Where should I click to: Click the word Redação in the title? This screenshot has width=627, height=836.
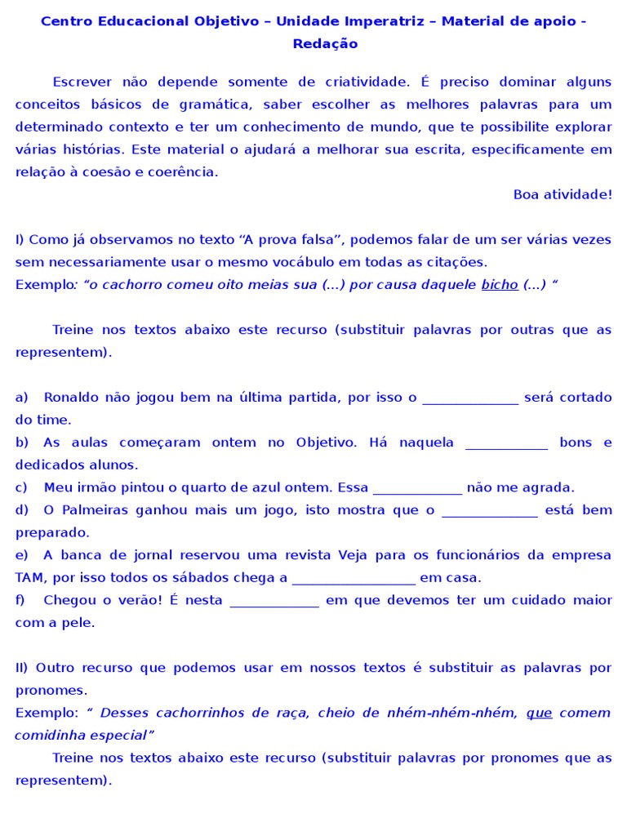click(x=325, y=44)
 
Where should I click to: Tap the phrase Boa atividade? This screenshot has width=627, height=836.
click(x=563, y=194)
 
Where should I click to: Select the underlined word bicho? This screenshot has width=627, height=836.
click(x=500, y=284)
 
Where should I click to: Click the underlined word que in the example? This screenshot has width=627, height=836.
click(x=539, y=713)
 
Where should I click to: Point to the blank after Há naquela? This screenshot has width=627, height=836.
click(x=506, y=443)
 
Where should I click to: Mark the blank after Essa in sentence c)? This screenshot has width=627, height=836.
click(x=417, y=488)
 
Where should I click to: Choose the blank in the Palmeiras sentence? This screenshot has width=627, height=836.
click(x=489, y=511)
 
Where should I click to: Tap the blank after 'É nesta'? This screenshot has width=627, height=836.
click(x=274, y=601)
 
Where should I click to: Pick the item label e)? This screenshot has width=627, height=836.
click(x=22, y=555)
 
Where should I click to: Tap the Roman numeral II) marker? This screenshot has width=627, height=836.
click(x=21, y=668)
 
